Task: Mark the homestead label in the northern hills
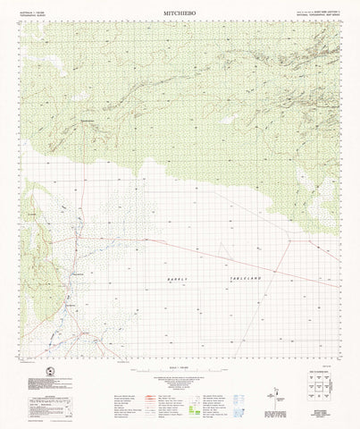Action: (x=87, y=121)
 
